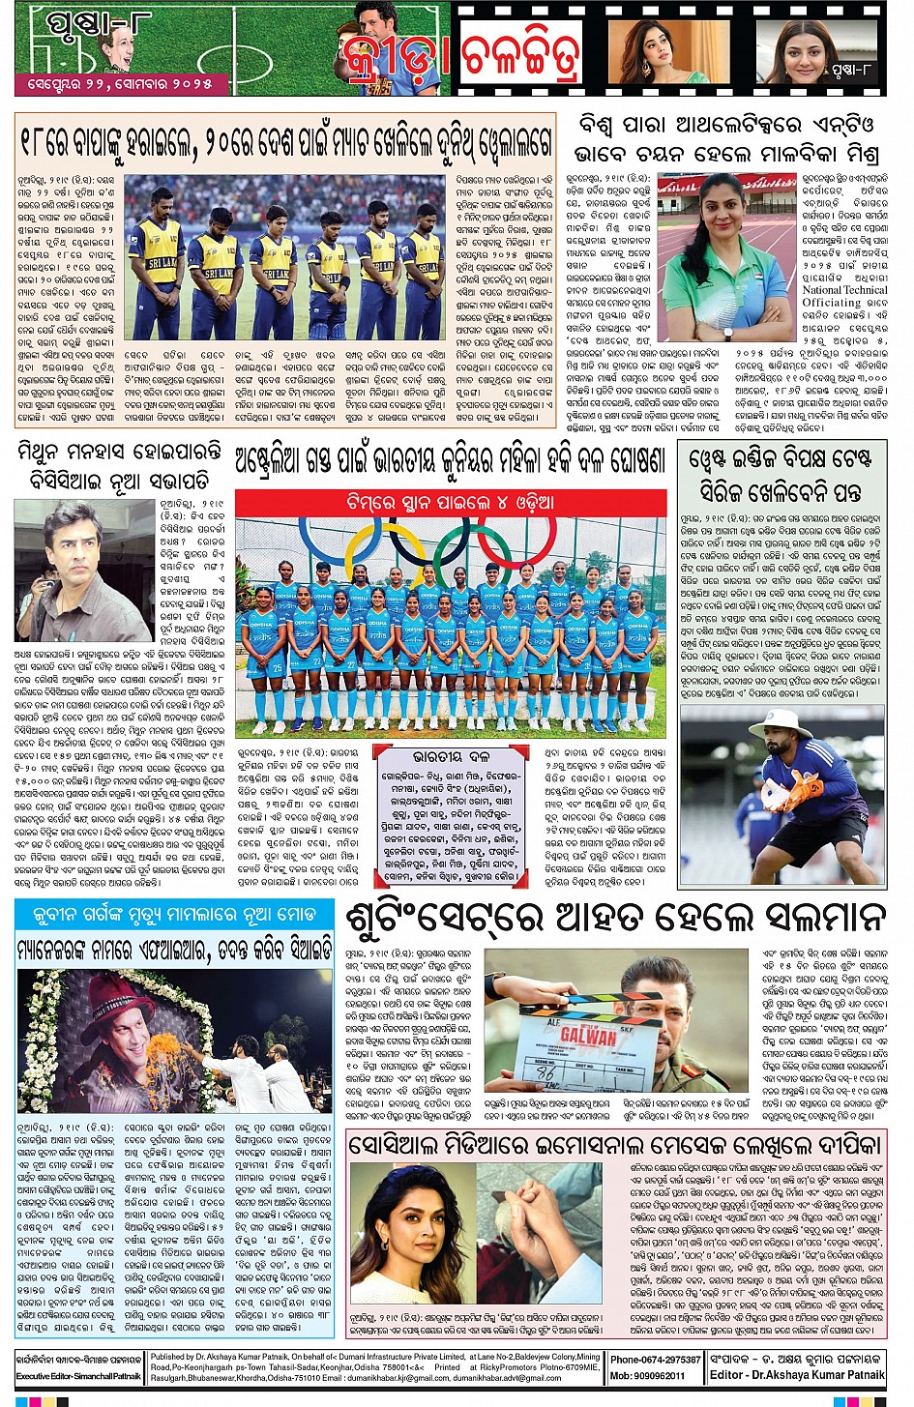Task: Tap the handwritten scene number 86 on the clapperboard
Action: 545,1072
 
